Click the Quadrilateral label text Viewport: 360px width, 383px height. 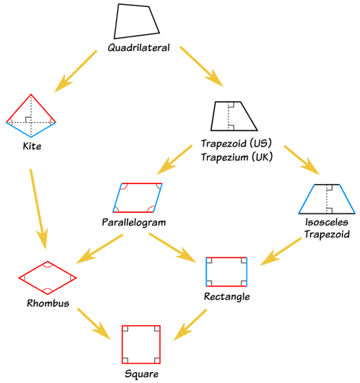click(139, 48)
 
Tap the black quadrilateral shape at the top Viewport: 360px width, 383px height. click(136, 22)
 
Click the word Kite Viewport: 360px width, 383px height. click(32, 147)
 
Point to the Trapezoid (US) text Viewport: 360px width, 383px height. click(235, 143)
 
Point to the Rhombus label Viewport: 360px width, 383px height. click(47, 303)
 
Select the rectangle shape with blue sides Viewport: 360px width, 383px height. click(226, 271)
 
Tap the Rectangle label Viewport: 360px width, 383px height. click(227, 296)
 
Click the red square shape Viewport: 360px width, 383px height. click(142, 344)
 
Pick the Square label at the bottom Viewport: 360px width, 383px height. click(142, 373)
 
